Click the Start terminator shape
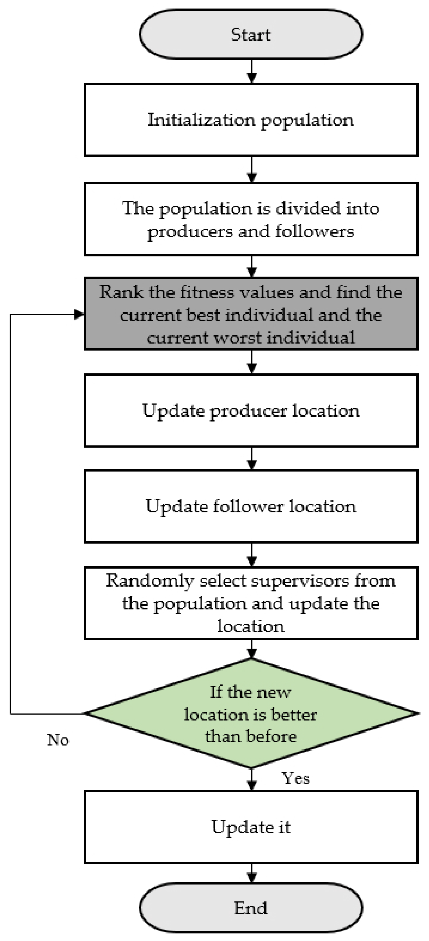coord(251,34)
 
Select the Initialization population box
coord(251,120)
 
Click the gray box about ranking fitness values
coord(251,314)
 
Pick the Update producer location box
coord(251,411)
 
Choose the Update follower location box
coord(251,506)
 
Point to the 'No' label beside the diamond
coord(58,740)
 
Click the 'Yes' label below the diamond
coord(295,778)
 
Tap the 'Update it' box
coord(251,827)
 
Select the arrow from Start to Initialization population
coord(252,72)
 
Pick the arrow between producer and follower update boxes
coord(252,459)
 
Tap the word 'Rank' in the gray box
coord(121,292)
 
